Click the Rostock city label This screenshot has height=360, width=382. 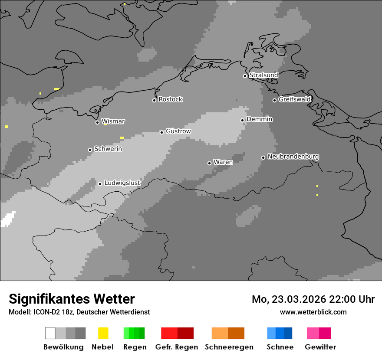[x=171, y=99]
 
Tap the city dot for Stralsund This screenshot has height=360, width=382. [x=245, y=76]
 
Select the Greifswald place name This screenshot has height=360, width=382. [x=295, y=99]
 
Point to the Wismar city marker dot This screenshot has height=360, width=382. [x=97, y=122]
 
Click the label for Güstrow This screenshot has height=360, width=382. [x=178, y=131]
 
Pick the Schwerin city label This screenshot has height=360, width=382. [x=108, y=149]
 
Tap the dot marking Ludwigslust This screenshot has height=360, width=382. [x=100, y=184]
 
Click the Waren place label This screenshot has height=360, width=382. [x=223, y=162]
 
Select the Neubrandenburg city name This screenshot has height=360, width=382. [x=293, y=157]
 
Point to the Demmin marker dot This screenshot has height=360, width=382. [x=243, y=120]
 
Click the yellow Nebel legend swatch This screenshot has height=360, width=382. [x=103, y=333]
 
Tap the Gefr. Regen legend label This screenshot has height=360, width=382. [x=176, y=347]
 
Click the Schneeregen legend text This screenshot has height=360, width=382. [x=229, y=347]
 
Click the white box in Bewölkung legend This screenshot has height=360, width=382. [x=50, y=333]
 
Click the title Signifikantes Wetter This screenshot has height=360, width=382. [x=72, y=299]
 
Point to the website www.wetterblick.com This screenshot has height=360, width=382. [x=313, y=312]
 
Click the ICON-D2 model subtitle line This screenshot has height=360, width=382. [x=79, y=312]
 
